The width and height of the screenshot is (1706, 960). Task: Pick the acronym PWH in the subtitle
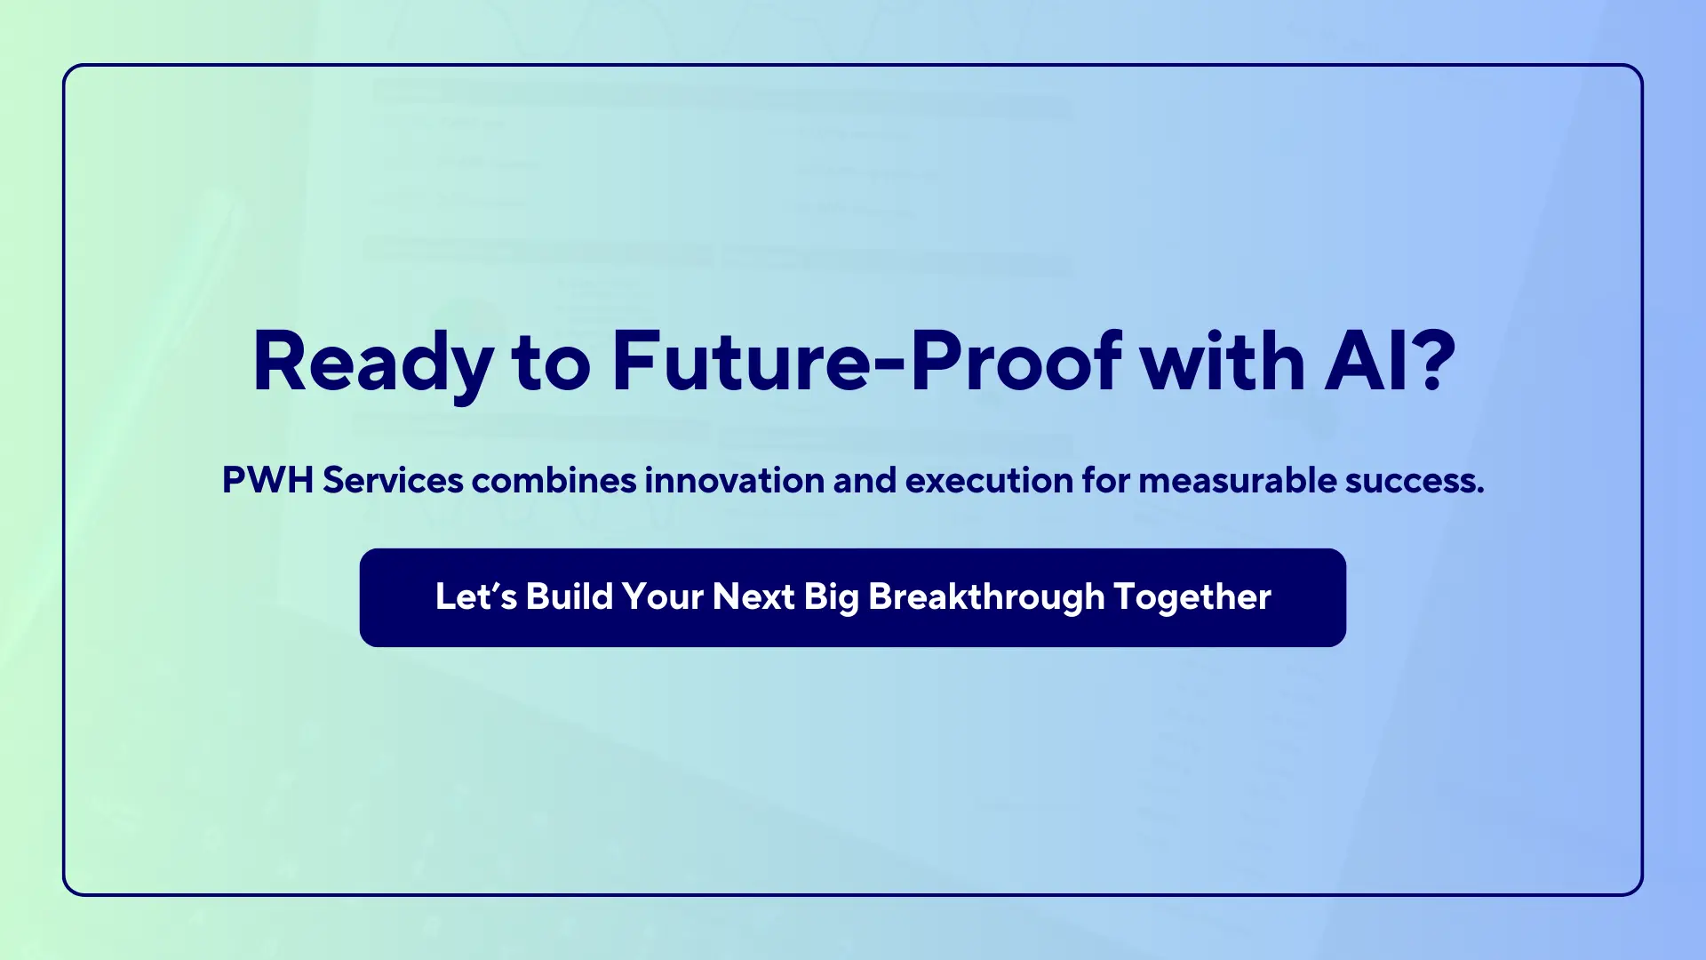pyautogui.click(x=267, y=480)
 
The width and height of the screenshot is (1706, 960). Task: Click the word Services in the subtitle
pyautogui.click(x=393, y=480)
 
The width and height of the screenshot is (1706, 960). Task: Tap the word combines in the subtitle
pyautogui.click(x=554, y=480)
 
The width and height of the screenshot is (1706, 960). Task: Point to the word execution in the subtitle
pyautogui.click(x=990, y=480)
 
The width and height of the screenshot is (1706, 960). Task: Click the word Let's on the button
pyautogui.click(x=476, y=596)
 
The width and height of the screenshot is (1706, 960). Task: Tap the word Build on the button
pyautogui.click(x=570, y=596)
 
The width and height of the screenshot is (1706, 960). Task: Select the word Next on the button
pyautogui.click(x=753, y=596)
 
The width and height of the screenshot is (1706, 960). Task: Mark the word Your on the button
pyautogui.click(x=663, y=596)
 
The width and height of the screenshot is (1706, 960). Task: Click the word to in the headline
pyautogui.click(x=552, y=363)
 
